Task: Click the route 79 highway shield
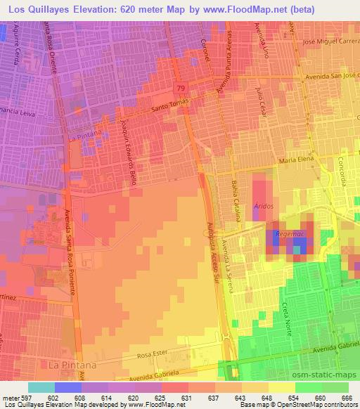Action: pyautogui.click(x=181, y=88)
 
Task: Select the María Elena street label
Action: pyautogui.click(x=296, y=161)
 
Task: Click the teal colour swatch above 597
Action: pyautogui.click(x=41, y=387)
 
